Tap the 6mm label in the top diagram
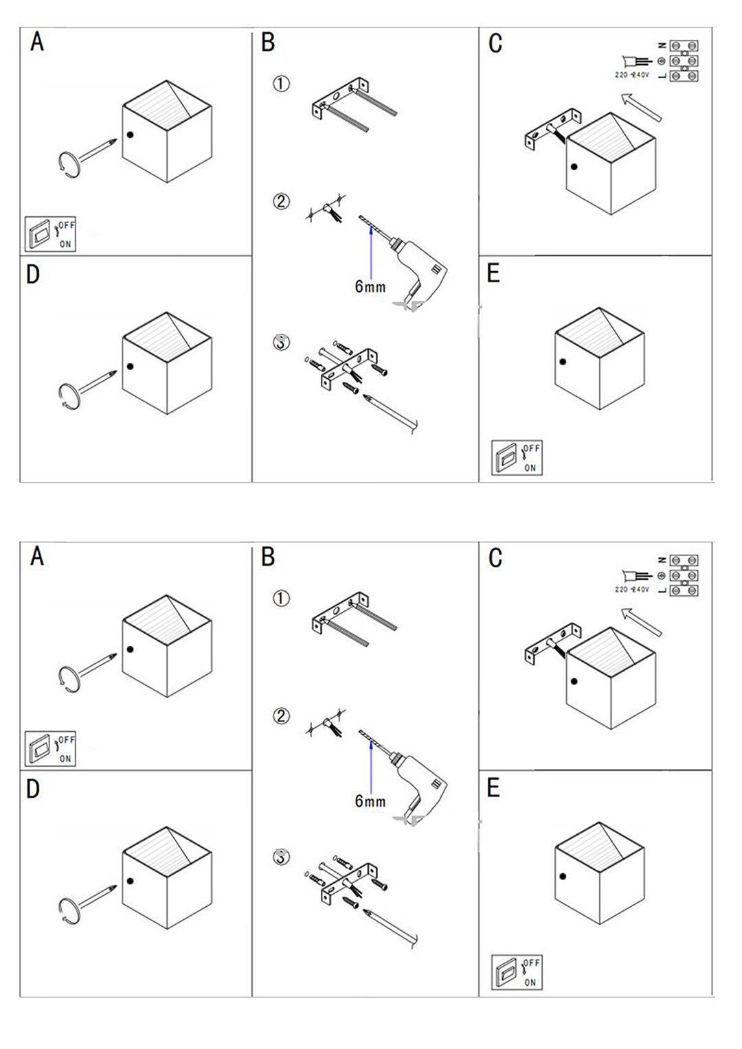(370, 286)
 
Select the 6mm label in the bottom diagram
(370, 800)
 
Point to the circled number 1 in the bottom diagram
(281, 598)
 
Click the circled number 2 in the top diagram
(281, 202)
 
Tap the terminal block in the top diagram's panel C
(684, 61)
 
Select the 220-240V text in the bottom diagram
(632, 590)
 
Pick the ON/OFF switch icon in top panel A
(50, 234)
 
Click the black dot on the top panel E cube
(563, 362)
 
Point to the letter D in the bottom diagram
(33, 789)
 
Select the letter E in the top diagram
(493, 273)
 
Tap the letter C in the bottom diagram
(495, 557)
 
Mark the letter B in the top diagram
(268, 43)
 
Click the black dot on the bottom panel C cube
(574, 682)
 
